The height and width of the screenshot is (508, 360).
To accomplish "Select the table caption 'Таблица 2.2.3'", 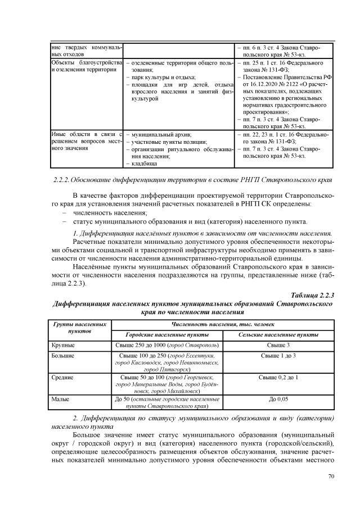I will click(x=313, y=295).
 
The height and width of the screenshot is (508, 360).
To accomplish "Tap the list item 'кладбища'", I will click(x=145, y=164).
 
